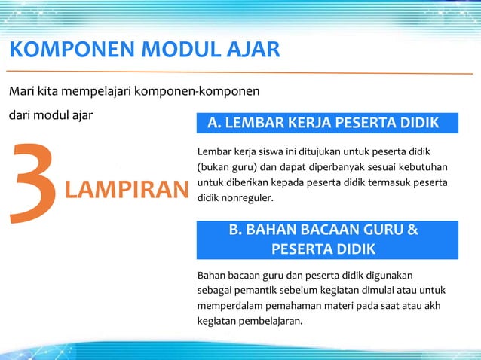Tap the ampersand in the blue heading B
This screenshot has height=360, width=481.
[x=412, y=230]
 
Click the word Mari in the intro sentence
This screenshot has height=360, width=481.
[x=20, y=92]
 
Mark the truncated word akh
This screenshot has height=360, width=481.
[x=432, y=305]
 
